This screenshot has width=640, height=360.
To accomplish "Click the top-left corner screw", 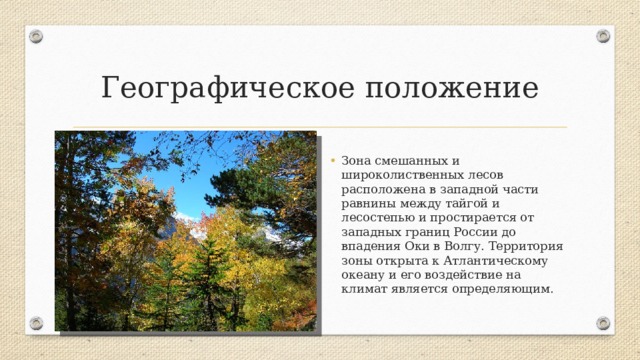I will (36, 36).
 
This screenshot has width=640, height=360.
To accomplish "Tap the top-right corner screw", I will (603, 36).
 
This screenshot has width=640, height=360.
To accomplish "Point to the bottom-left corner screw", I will (36, 324).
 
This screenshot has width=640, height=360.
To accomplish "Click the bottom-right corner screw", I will (603, 324).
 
